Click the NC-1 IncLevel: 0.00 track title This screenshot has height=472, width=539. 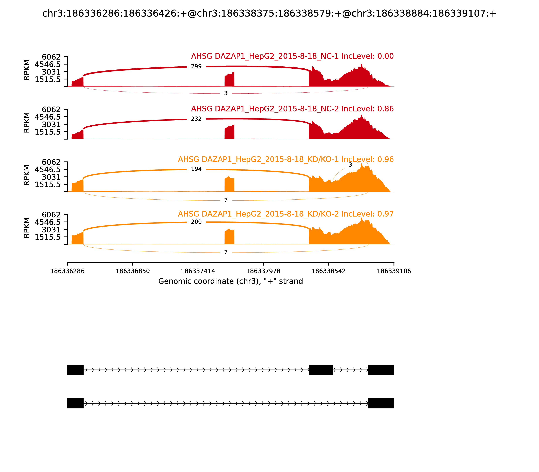click(292, 56)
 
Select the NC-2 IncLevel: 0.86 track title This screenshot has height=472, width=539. click(292, 109)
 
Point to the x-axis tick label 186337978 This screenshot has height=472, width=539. click(263, 271)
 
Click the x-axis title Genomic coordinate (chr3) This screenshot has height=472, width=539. click(230, 281)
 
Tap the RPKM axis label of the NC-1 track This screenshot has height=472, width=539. click(27, 70)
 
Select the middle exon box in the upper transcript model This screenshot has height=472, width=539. click(321, 370)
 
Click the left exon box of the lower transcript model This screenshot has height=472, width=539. click(75, 403)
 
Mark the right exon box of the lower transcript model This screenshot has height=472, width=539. click(381, 403)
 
